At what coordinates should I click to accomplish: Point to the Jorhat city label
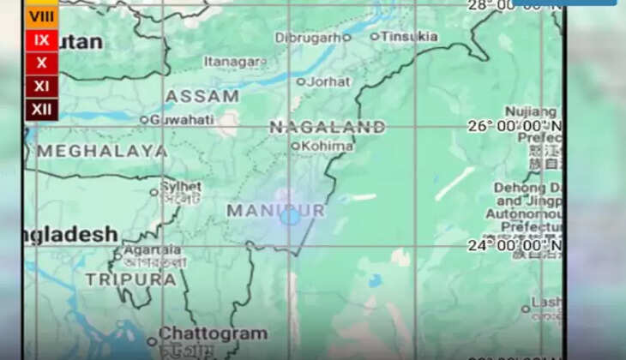(328, 81)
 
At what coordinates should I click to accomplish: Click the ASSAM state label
(202, 96)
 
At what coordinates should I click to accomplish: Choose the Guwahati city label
(181, 119)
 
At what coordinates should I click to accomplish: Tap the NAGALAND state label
(327, 127)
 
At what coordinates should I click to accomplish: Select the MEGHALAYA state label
(101, 151)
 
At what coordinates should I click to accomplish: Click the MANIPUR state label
(275, 210)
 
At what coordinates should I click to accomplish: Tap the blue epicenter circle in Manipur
(290, 216)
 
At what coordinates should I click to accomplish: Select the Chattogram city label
(211, 333)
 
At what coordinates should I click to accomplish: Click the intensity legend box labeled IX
(41, 39)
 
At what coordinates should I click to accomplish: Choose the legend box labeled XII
(41, 109)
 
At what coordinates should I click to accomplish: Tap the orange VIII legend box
(41, 15)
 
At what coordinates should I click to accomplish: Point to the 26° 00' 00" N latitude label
(515, 126)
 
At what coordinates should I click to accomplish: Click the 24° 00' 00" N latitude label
(515, 246)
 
